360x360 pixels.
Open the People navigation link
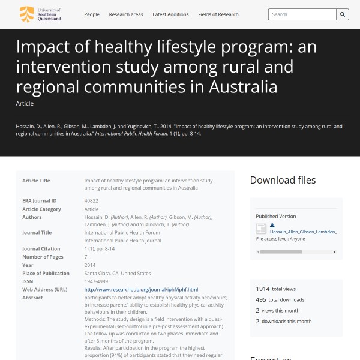coord(92,14)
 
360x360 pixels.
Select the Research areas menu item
coord(126,14)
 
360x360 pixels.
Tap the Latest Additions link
coord(170,14)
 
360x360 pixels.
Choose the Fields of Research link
coord(218,14)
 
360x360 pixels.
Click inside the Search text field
coord(302,14)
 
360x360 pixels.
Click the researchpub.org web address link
coord(141,289)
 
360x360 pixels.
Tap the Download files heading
coord(283,180)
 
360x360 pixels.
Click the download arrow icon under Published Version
coord(272,225)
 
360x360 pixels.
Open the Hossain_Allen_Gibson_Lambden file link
coord(303,232)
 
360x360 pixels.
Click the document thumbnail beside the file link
coord(261,229)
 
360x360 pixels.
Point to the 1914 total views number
coord(262,289)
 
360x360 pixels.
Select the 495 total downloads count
coord(261,300)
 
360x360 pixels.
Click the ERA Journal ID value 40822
coord(91,201)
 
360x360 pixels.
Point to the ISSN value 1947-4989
coord(97,281)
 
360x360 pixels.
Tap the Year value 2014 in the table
coord(90,265)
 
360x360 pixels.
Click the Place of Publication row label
coord(46,273)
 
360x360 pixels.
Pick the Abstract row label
coord(32,298)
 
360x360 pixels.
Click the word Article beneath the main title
coord(25,104)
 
